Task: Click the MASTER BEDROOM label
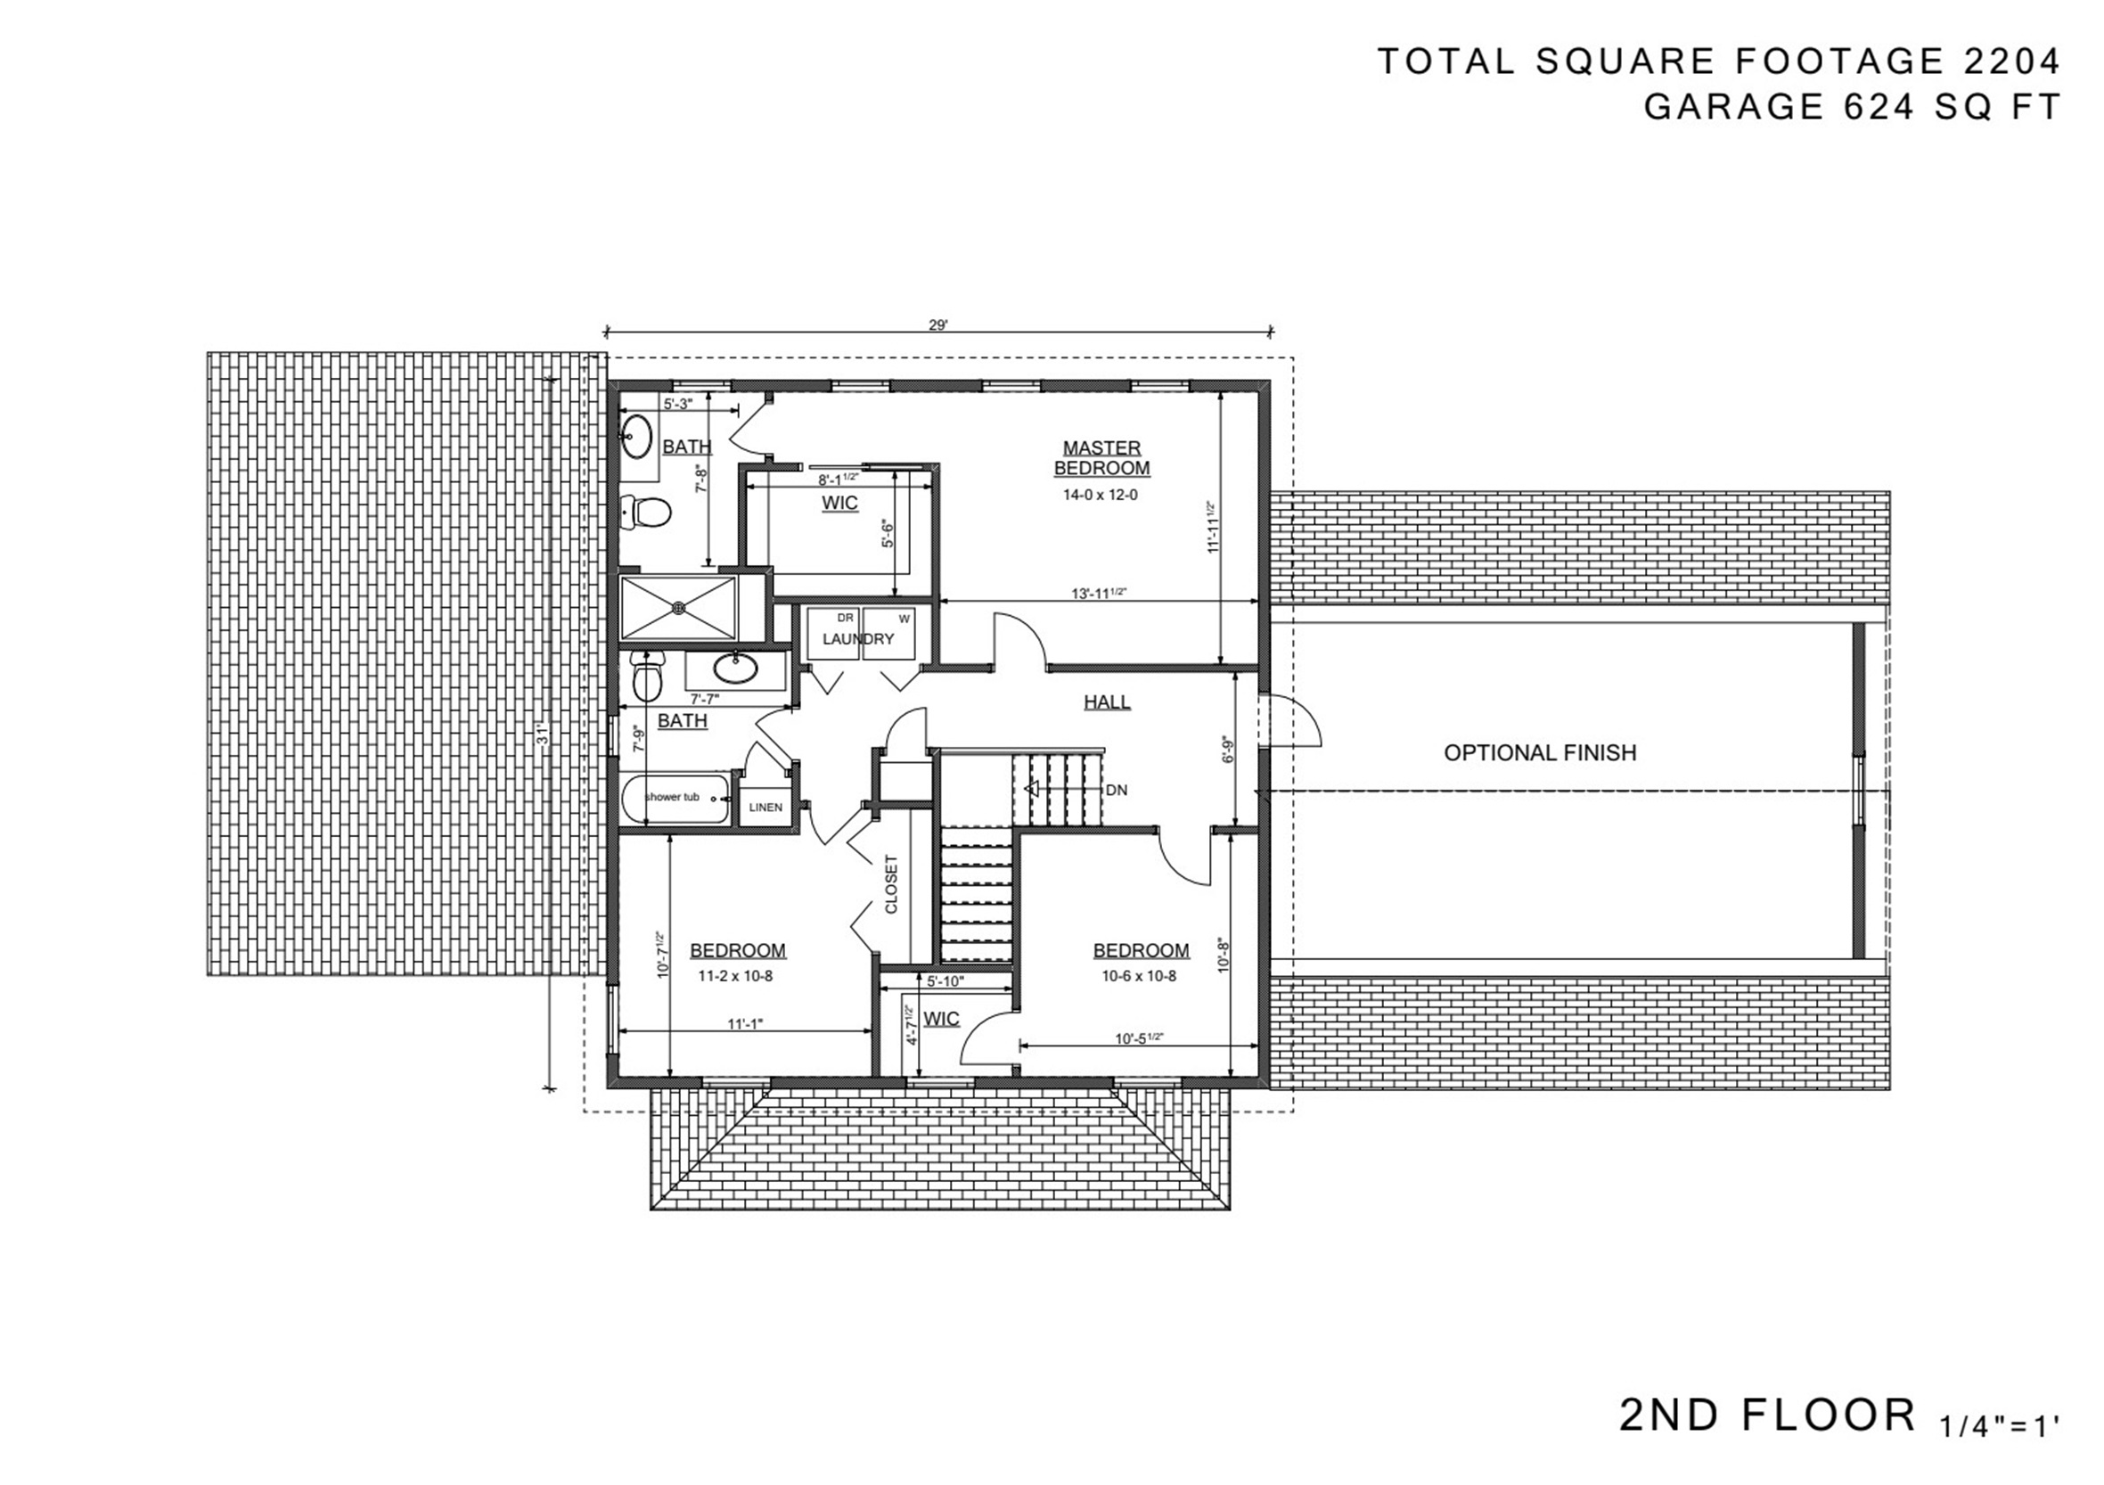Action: tap(1101, 458)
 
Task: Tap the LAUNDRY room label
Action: tap(857, 639)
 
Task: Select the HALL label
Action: tap(1107, 702)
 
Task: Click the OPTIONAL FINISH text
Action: tap(1540, 752)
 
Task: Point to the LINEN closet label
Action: tap(765, 808)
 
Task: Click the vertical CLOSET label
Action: tap(892, 884)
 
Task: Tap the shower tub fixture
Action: tap(675, 799)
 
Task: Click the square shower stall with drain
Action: tap(678, 607)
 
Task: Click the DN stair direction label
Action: tap(1116, 790)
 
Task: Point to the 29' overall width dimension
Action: tap(938, 324)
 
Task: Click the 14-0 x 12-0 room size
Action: tap(1100, 495)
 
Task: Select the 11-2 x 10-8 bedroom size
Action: tap(735, 976)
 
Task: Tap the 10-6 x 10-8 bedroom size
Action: tap(1139, 976)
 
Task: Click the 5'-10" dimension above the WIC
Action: tap(945, 980)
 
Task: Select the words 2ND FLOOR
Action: tap(1768, 1415)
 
